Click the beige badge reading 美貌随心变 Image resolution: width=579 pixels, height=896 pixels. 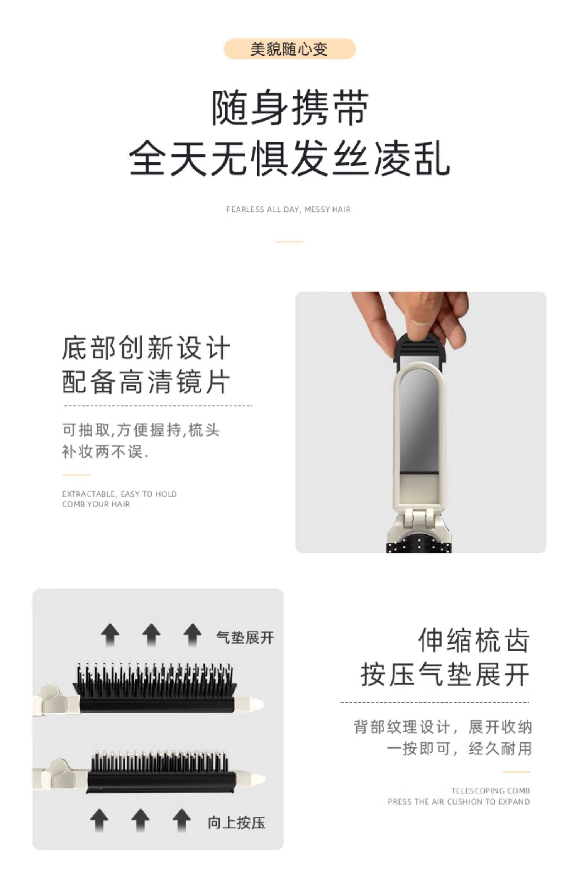click(289, 49)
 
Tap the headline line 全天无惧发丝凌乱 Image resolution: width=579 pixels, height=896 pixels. click(289, 158)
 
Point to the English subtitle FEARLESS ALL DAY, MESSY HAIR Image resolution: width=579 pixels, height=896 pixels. click(288, 210)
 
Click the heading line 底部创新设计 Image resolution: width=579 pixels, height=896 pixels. click(146, 348)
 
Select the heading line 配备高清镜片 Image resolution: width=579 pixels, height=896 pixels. click(146, 382)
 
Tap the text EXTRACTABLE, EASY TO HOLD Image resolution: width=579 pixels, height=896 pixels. click(119, 494)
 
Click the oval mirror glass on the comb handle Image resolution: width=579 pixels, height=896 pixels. click(419, 423)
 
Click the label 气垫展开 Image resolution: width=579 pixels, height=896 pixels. click(245, 637)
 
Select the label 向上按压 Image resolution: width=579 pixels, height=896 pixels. click(236, 823)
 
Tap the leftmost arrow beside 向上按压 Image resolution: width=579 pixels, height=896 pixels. click(99, 820)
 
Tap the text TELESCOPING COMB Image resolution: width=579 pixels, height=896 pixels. click(491, 791)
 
